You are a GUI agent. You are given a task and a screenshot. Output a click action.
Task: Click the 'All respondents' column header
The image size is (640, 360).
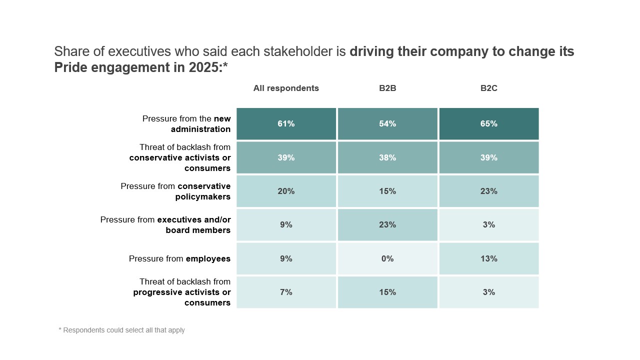[x=286, y=88]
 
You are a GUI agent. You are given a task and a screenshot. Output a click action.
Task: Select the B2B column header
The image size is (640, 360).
[x=387, y=88]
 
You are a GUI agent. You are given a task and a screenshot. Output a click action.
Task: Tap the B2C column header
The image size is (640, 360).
[x=489, y=88]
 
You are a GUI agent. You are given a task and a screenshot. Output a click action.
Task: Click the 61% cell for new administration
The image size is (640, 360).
[x=286, y=123]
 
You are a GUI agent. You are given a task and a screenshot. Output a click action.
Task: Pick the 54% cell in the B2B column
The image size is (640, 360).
[x=387, y=123]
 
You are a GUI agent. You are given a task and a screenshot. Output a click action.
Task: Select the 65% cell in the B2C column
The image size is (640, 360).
[x=489, y=123]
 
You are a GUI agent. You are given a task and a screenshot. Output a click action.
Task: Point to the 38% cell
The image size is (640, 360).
[x=387, y=157]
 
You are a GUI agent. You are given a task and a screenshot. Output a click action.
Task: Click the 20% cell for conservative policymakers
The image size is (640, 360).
[x=286, y=191]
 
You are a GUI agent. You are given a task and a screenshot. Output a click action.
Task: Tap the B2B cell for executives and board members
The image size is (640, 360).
[x=387, y=225]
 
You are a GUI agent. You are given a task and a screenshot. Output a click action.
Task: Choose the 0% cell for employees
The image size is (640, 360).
[x=387, y=258]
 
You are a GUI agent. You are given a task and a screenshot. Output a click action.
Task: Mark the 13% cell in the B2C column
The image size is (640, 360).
[x=489, y=258]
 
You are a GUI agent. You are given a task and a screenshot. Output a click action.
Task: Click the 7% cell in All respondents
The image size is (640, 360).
[x=286, y=292]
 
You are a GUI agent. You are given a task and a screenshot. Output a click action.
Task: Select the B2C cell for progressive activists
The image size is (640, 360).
[x=489, y=292]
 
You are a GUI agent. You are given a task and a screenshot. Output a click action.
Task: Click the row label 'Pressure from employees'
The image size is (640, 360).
[x=179, y=258]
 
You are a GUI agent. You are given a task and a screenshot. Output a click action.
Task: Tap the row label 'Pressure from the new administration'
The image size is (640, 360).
[x=186, y=124]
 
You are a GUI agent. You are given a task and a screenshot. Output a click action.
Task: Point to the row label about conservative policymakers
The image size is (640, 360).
[x=175, y=191]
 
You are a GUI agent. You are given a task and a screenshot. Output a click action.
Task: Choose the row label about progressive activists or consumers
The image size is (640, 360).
[x=182, y=292]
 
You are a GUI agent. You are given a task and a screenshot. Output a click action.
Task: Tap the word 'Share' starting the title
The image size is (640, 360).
[x=67, y=51]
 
